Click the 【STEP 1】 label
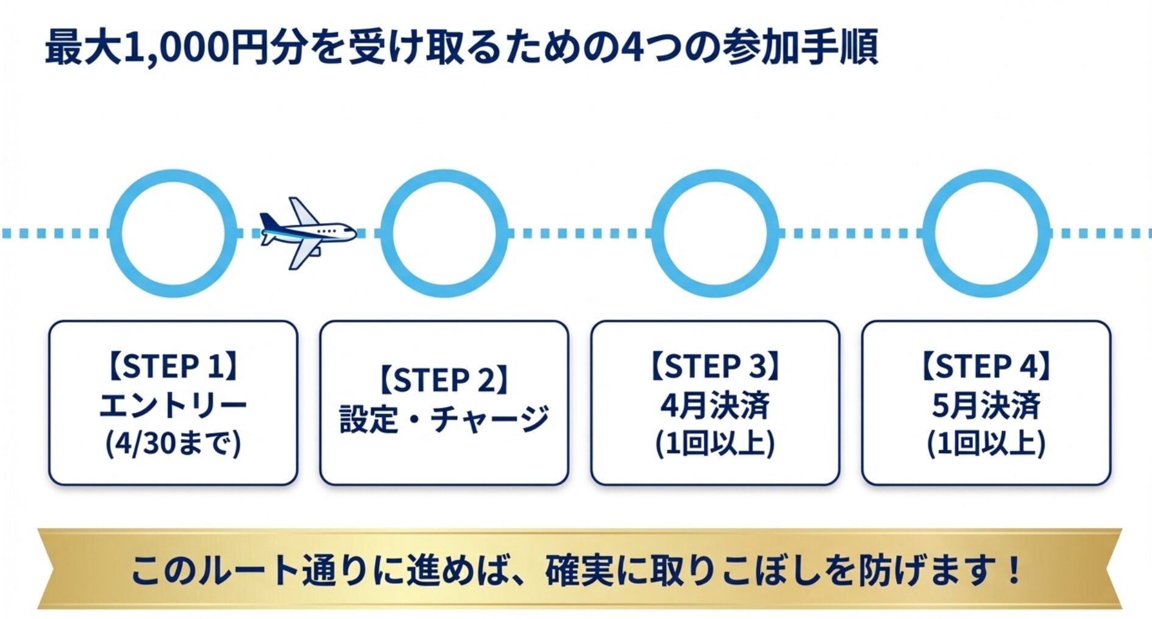[173, 367]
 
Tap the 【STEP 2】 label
[444, 380]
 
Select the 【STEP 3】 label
[715, 367]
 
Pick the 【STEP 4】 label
[986, 367]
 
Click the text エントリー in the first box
[173, 405]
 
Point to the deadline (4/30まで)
[173, 443]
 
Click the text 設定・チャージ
[444, 420]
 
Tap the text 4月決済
[715, 405]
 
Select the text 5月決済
[986, 405]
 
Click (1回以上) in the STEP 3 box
[715, 443]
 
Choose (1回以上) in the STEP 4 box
[986, 443]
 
